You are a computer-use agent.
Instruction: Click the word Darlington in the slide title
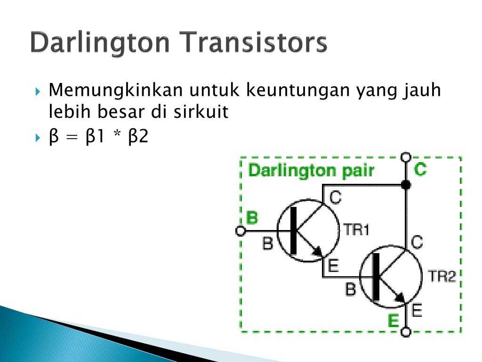[x=100, y=43]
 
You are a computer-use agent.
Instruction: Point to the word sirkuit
[x=201, y=111]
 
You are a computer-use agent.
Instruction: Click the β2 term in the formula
[x=138, y=136]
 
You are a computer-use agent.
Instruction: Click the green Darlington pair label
[x=311, y=171]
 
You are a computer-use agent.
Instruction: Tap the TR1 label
[x=356, y=230]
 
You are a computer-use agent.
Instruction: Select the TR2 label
[x=441, y=276]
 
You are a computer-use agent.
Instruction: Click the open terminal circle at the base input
[x=241, y=231]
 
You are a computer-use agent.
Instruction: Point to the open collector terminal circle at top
[x=406, y=157]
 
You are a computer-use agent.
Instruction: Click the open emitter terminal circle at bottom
[x=406, y=332]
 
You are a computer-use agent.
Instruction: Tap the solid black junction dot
[x=406, y=185]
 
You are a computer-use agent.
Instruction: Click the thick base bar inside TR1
[x=294, y=231]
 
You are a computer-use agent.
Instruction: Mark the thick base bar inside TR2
[x=376, y=277]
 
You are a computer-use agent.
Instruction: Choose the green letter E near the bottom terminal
[x=393, y=321]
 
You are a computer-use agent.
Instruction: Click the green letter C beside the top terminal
[x=420, y=169]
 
